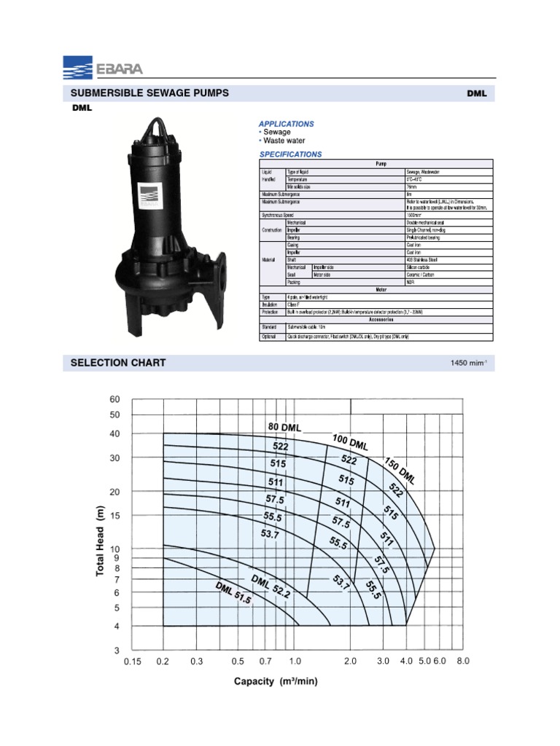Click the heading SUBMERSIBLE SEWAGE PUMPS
coord(149,93)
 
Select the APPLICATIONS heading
coord(287,124)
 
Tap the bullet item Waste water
coord(284,141)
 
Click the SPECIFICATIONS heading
coord(290,154)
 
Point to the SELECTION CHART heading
coord(117,362)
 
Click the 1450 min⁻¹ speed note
coord(470,363)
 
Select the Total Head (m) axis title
coord(101,541)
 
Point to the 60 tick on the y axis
coord(114,399)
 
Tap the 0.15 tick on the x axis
coord(132,661)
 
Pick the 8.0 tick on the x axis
coord(463,661)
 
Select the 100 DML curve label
coord(350,441)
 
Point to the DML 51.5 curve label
coord(233,594)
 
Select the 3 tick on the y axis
coord(114,650)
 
